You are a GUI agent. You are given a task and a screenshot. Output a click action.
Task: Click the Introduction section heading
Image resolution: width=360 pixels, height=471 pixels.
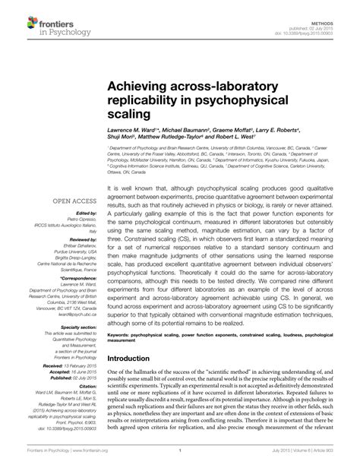click(x=133, y=359)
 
